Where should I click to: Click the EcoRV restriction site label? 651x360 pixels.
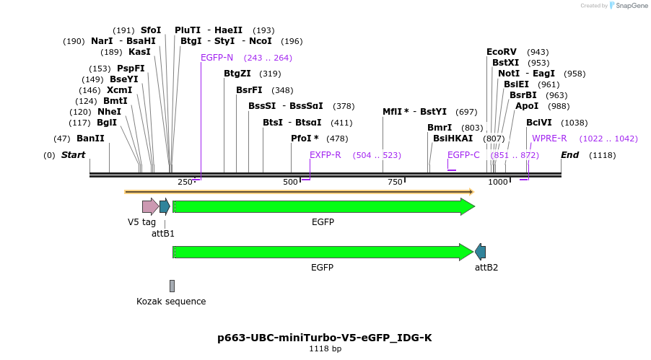click(x=502, y=52)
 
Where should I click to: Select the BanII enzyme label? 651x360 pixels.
click(x=90, y=139)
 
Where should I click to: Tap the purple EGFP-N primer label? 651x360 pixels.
click(x=217, y=58)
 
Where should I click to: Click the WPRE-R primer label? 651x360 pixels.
click(x=549, y=139)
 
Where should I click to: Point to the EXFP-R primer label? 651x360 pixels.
click(x=325, y=155)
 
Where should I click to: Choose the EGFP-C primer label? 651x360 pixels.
click(x=463, y=155)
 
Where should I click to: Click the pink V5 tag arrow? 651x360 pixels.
click(x=150, y=207)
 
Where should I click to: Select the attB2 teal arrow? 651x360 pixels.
click(x=480, y=252)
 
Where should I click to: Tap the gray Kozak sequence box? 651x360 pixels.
click(x=172, y=286)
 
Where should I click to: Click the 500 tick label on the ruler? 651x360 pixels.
click(x=290, y=183)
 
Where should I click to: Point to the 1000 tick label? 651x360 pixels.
click(x=498, y=183)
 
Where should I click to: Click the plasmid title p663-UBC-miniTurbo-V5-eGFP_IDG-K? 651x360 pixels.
click(x=325, y=338)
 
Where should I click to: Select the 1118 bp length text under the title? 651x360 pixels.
click(x=325, y=349)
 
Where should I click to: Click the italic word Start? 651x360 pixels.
click(x=73, y=155)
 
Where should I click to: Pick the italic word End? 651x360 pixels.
click(x=569, y=155)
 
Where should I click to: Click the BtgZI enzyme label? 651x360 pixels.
click(x=237, y=74)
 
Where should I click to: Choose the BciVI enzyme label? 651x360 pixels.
click(x=538, y=123)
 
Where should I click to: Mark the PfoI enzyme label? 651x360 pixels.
click(x=305, y=139)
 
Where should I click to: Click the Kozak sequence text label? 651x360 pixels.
click(x=171, y=302)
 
